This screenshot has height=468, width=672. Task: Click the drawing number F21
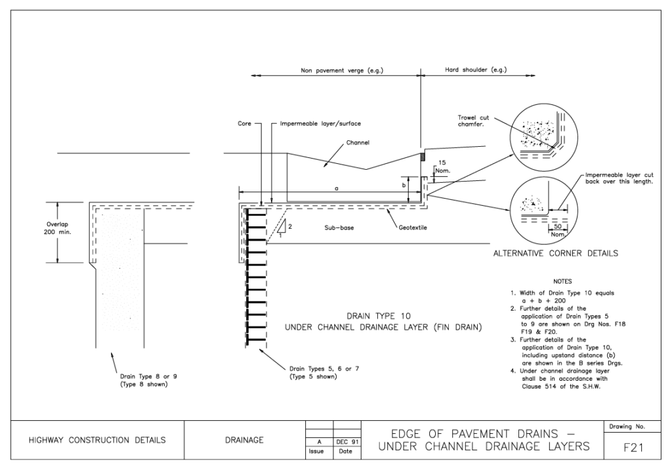click(x=633, y=448)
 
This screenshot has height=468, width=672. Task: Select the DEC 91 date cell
click(x=347, y=442)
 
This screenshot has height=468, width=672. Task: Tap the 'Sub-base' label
click(x=339, y=228)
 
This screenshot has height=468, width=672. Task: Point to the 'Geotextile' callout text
click(x=413, y=228)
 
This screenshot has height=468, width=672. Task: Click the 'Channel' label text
click(x=358, y=143)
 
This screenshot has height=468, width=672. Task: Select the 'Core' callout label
click(x=244, y=123)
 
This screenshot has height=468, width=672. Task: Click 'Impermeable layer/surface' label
click(x=320, y=124)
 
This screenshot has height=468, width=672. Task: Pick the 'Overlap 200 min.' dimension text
click(x=58, y=228)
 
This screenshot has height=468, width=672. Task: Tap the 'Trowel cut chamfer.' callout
click(x=472, y=121)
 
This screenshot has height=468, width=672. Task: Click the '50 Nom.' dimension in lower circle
click(x=558, y=230)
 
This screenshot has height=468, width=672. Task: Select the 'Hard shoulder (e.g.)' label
click(x=476, y=69)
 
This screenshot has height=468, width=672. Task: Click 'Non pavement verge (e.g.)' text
click(x=342, y=70)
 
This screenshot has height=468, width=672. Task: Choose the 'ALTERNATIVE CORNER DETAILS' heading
click(x=556, y=254)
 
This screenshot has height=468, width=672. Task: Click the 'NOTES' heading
click(x=562, y=281)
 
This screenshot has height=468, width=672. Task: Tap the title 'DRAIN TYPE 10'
click(x=379, y=317)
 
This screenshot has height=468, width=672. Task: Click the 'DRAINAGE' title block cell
click(x=244, y=440)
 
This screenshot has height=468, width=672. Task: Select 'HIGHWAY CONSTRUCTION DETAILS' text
click(x=97, y=440)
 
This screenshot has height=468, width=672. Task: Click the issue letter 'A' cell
click(x=320, y=442)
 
